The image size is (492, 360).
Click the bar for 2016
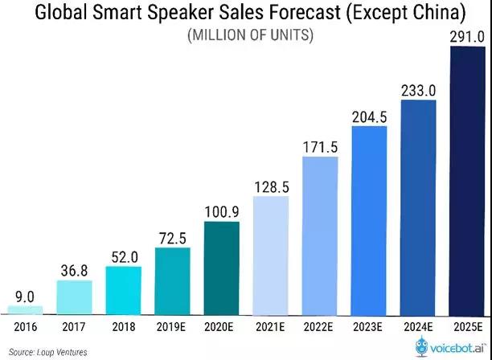[x=26, y=309]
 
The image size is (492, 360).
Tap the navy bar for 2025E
[x=467, y=180]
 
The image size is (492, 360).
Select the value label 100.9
[x=222, y=209]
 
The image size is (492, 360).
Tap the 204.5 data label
[x=369, y=115]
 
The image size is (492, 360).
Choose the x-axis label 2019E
[x=173, y=327]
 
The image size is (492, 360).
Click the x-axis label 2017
[x=75, y=327]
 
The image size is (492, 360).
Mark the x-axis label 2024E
[x=418, y=327]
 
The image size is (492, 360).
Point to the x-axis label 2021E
[x=271, y=327]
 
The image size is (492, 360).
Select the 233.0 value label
[x=418, y=89]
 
